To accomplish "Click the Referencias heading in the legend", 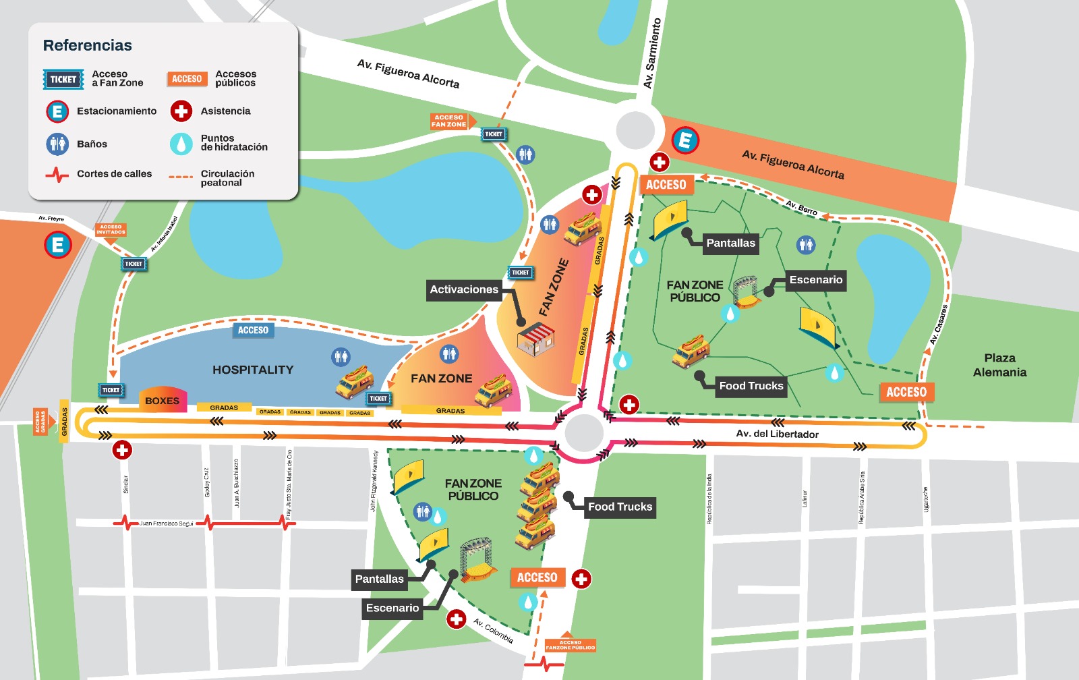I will [87, 45].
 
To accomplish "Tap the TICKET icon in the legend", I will [63, 79].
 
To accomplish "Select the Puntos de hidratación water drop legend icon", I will [181, 143].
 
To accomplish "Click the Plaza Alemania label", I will [999, 365].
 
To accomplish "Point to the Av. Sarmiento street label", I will [652, 53].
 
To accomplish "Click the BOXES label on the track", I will [162, 401].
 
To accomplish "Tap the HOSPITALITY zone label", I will [253, 370].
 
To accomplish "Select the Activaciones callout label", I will [464, 289].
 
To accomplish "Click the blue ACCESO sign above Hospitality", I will [253, 330].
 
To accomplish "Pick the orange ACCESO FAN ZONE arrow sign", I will [450, 121].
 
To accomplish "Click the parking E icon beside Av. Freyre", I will [58, 244].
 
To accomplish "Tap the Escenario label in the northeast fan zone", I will [815, 279].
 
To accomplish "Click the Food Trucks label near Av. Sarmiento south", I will [620, 507].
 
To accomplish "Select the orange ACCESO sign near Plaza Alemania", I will [906, 392].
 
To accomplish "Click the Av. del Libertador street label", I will [777, 434].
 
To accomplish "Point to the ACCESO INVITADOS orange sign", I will [111, 230].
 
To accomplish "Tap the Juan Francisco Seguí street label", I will [166, 523].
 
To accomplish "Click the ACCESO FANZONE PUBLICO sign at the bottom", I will [570, 645].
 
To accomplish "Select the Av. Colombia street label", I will [493, 631].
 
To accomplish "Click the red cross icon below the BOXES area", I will [122, 450].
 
